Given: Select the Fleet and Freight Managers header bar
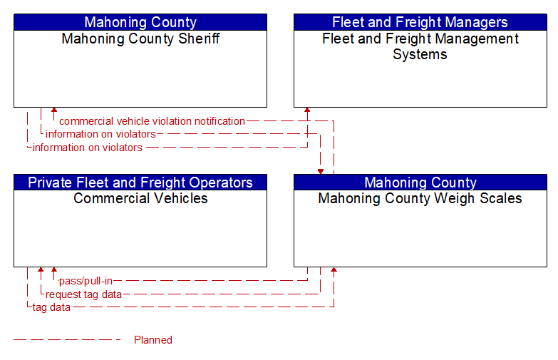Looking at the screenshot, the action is [x=420, y=22].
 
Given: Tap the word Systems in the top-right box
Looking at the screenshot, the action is [x=420, y=54].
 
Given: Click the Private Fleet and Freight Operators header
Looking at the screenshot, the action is [x=140, y=182].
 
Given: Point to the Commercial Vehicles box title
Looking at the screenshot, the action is [x=140, y=198].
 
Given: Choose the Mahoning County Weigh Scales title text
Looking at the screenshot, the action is [x=420, y=198].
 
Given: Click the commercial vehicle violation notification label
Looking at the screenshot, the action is [x=152, y=121].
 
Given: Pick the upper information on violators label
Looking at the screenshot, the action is [x=100, y=134].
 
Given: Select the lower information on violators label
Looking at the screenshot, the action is [x=88, y=148].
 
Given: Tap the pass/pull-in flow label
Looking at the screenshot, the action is [x=86, y=281].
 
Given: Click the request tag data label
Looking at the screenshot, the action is [x=83, y=294].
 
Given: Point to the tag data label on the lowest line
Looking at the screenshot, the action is [x=51, y=307].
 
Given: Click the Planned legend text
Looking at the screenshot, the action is [x=153, y=340].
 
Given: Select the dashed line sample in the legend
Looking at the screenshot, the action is [x=67, y=340].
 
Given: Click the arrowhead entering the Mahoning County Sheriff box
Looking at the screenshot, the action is [x=54, y=110].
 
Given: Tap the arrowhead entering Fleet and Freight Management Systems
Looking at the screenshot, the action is [x=307, y=110].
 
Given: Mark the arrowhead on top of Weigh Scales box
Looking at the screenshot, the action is [x=321, y=172].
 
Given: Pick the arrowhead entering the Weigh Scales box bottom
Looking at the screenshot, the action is [x=334, y=270].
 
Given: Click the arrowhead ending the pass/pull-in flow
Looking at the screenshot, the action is [x=54, y=270].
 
